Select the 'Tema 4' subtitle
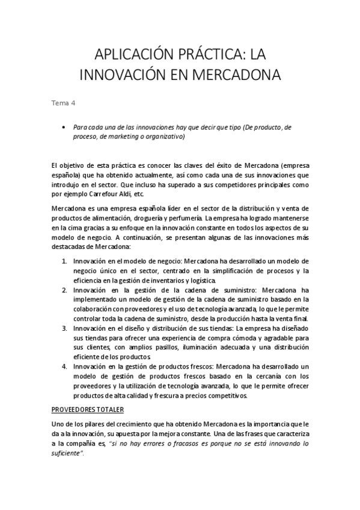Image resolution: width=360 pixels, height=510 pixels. pos(63,102)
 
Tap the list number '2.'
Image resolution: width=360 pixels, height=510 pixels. pos(64,290)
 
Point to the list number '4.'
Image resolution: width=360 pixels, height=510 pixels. pos(64,366)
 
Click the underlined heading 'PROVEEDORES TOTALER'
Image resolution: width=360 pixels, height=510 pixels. pos(88,410)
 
